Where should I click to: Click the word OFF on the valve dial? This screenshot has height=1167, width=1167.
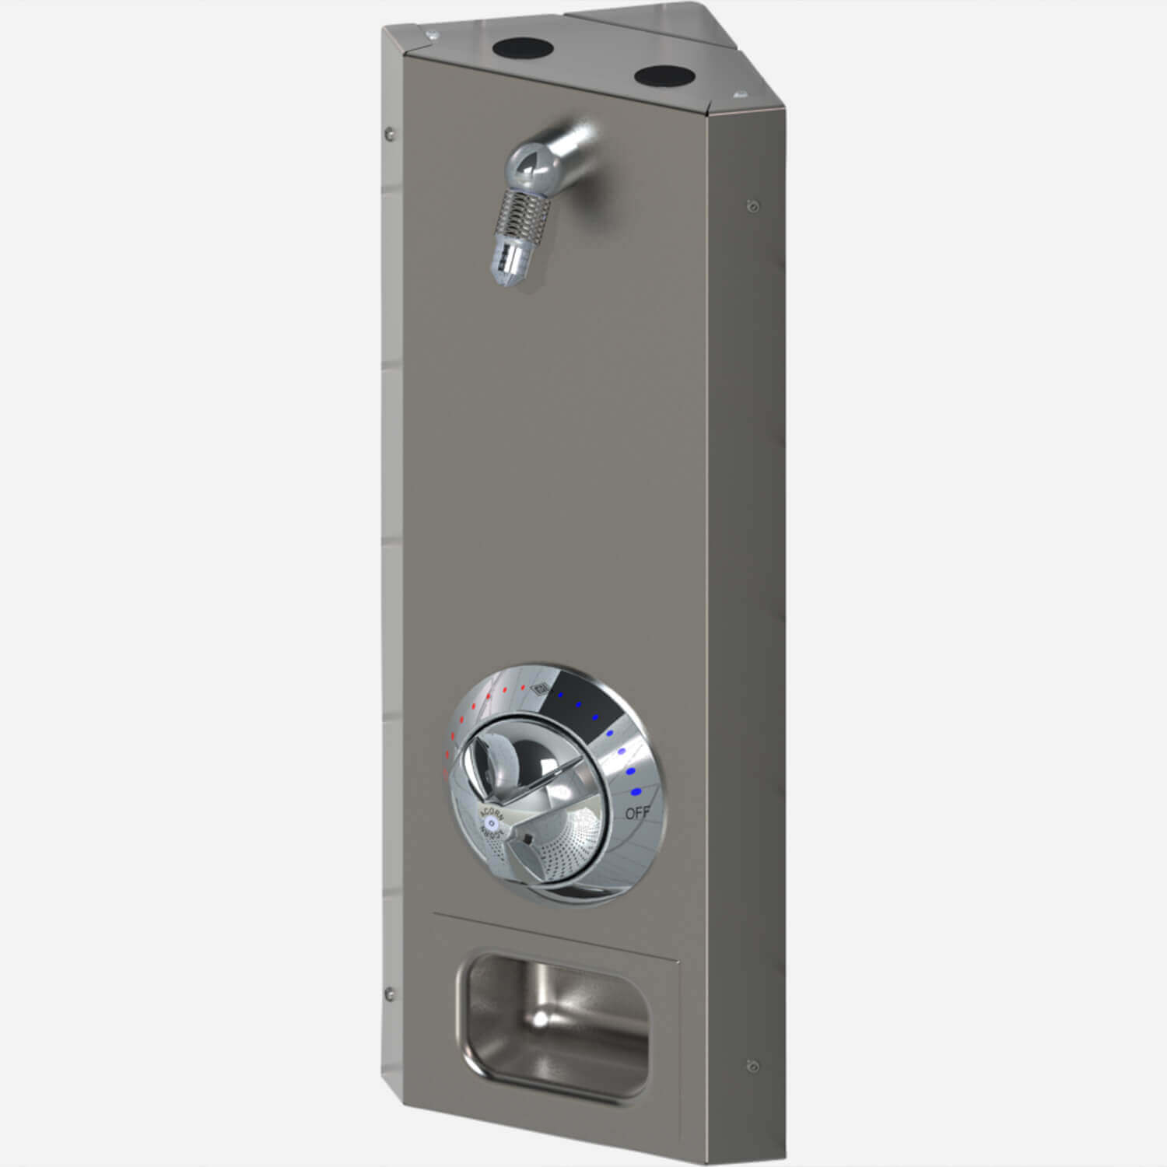637,814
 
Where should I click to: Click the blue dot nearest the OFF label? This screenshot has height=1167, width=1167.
636,792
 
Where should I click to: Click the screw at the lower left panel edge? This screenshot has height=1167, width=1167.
389,994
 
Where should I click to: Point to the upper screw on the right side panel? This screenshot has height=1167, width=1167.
751,205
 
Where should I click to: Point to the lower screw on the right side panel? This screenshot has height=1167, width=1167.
751,1065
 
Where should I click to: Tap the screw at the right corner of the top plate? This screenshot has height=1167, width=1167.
736,94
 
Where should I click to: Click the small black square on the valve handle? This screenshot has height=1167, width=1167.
527,839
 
